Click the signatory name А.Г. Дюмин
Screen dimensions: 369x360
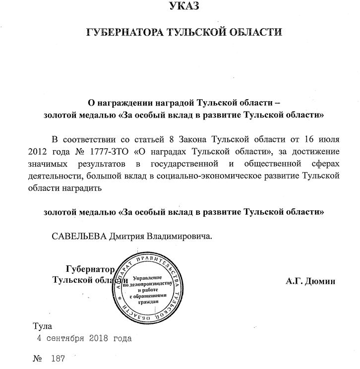311,281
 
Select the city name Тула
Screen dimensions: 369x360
41,327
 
